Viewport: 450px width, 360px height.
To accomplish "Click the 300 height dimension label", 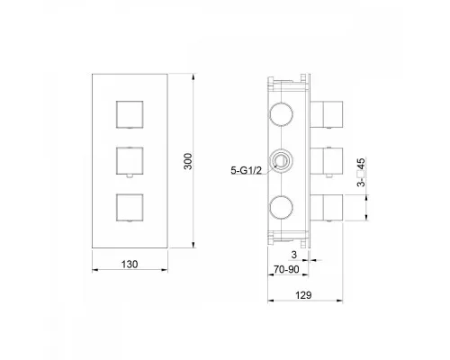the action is tap(188, 161).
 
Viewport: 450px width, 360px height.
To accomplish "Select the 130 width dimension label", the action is tap(130, 265).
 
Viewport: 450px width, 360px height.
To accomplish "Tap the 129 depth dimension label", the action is tap(303, 295).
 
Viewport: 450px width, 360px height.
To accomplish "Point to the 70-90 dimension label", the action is tap(286, 269).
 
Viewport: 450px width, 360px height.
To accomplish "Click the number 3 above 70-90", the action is tap(294, 255).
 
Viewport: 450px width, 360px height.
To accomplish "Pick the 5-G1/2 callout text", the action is tap(246, 170).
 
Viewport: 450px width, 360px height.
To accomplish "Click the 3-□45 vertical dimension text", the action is tap(362, 172).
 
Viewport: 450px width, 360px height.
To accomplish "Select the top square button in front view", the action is tap(130, 114).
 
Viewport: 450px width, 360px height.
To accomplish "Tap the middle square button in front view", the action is tap(130, 160).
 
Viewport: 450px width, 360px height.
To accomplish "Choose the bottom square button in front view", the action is tap(130, 207).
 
